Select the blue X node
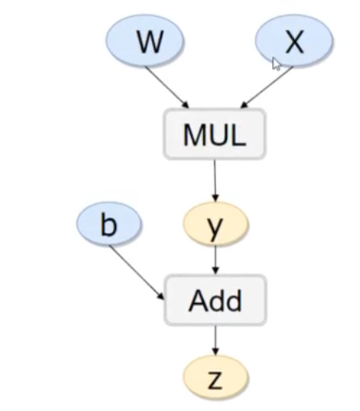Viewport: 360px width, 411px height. pyautogui.click(x=293, y=43)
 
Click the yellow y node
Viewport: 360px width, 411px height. pyautogui.click(x=215, y=227)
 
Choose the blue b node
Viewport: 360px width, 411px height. pyautogui.click(x=108, y=225)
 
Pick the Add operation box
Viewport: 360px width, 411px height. pyautogui.click(x=215, y=301)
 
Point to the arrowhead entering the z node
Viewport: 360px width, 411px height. pyautogui.click(x=215, y=351)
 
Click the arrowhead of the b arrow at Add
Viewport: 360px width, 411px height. pyautogui.click(x=162, y=296)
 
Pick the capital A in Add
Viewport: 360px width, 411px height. pyautogui.click(x=197, y=301)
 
